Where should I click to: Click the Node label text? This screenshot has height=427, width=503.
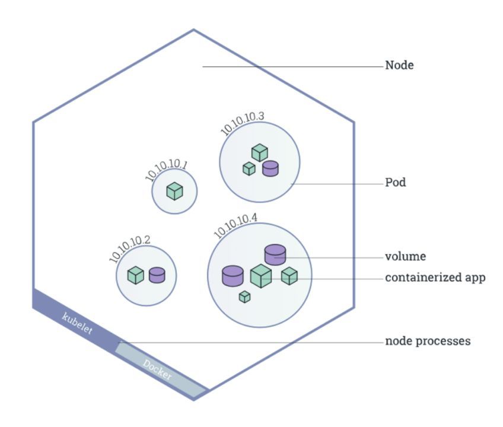tap(399, 65)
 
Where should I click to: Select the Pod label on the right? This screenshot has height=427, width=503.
tap(396, 183)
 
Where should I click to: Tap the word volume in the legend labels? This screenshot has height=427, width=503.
tap(406, 257)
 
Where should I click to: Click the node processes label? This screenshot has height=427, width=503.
tap(428, 342)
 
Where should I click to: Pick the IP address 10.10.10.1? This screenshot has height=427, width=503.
tap(166, 170)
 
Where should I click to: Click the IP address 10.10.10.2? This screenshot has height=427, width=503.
tap(130, 249)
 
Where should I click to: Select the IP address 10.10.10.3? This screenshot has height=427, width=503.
tap(242, 122)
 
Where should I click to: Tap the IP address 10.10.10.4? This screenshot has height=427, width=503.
tap(235, 224)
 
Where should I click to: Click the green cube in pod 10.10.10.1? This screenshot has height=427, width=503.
tap(174, 191)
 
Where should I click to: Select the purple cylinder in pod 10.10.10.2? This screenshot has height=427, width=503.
tap(157, 275)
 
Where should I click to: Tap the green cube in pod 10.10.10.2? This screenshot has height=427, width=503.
tap(136, 275)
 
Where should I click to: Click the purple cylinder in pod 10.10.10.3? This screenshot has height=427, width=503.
tap(270, 168)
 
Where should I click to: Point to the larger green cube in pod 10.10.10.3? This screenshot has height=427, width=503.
tap(259, 152)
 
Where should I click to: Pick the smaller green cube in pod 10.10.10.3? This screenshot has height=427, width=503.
tap(249, 168)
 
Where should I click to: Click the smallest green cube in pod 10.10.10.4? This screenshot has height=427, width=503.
tap(244, 297)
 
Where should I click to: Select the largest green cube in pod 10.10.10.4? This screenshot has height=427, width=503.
tap(260, 276)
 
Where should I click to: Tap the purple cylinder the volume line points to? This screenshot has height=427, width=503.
tap(275, 254)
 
